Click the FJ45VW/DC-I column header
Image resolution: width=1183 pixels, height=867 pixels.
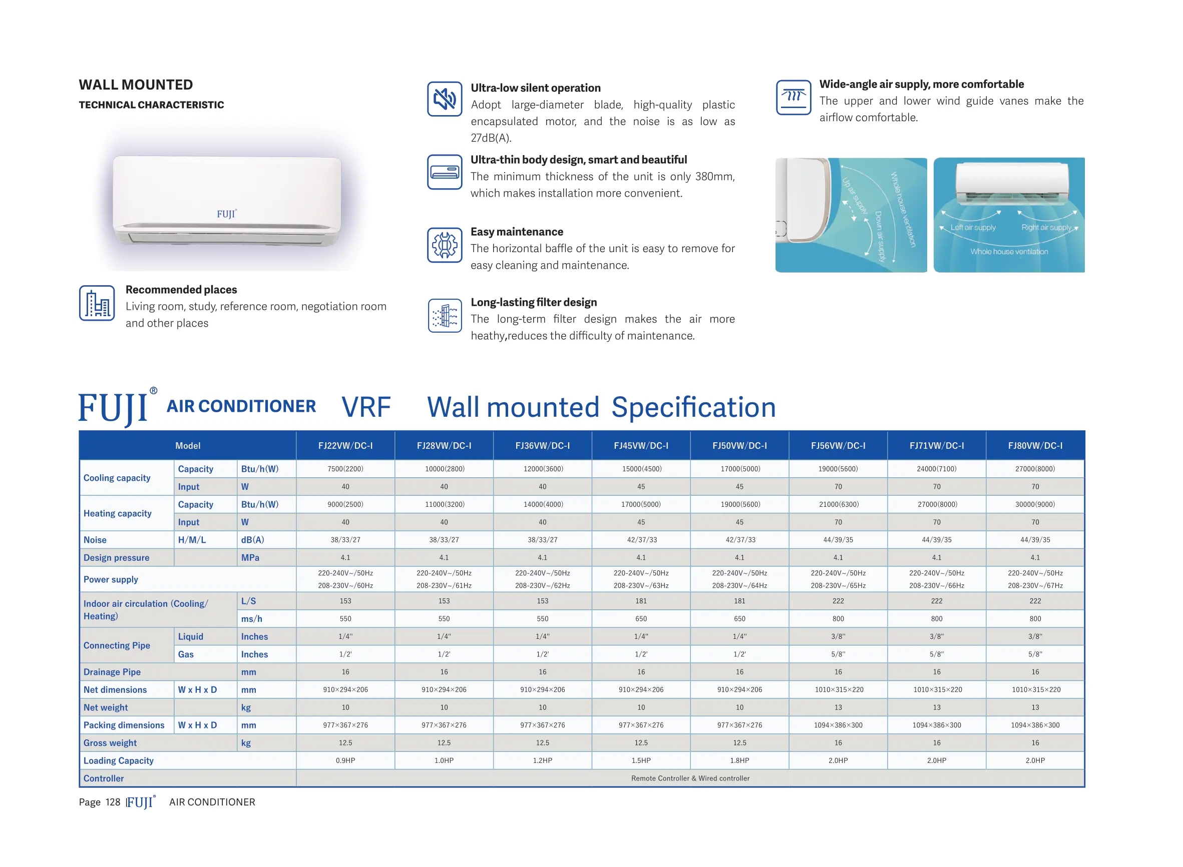pyautogui.click(x=641, y=446)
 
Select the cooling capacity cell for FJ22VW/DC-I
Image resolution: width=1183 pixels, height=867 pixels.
pyautogui.click(x=345, y=469)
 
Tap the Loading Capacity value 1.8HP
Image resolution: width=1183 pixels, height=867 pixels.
pyautogui.click(x=739, y=760)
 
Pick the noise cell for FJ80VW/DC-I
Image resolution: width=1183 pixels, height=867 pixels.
pyautogui.click(x=1034, y=539)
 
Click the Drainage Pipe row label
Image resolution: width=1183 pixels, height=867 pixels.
pyautogui.click(x=112, y=672)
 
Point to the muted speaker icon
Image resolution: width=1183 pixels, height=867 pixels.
pyautogui.click(x=444, y=99)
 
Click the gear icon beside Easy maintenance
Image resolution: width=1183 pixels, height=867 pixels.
pyautogui.click(x=444, y=245)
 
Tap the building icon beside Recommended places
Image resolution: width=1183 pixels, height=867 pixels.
pyautogui.click(x=97, y=303)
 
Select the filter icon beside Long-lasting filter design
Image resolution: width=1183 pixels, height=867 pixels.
pyautogui.click(x=444, y=315)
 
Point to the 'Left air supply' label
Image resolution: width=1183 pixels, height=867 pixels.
pyautogui.click(x=972, y=227)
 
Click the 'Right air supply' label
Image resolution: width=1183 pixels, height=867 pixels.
pyautogui.click(x=1045, y=227)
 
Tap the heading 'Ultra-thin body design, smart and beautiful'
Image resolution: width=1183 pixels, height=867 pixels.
pyautogui.click(x=578, y=160)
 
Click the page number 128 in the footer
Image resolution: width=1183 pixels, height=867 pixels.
pyautogui.click(x=112, y=802)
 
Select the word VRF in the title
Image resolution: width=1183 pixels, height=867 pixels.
pyautogui.click(x=366, y=407)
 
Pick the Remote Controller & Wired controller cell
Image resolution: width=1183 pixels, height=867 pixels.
pyautogui.click(x=690, y=778)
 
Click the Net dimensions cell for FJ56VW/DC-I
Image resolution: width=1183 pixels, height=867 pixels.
pyautogui.click(x=838, y=689)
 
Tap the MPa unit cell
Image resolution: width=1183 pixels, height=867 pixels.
pyautogui.click(x=250, y=557)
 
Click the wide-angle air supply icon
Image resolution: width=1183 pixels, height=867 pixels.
pyautogui.click(x=793, y=97)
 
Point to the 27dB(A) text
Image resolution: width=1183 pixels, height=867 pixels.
pyautogui.click(x=491, y=138)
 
